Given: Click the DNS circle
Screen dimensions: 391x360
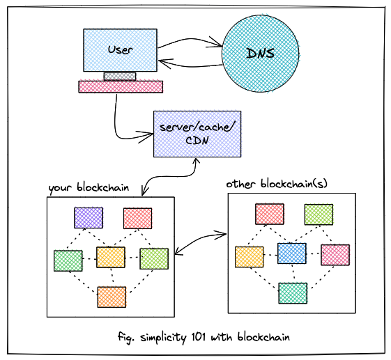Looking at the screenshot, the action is [261, 54].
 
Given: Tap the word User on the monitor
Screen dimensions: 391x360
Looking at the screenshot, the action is [120, 50].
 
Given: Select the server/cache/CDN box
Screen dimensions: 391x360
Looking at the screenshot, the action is [197, 134].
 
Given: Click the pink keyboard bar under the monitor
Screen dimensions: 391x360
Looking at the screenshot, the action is [121, 87].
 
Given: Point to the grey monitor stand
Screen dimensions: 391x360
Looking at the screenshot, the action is [120, 77].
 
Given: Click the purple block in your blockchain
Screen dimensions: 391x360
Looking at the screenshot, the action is [89, 218].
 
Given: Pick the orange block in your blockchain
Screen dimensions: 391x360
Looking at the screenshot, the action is [112, 297].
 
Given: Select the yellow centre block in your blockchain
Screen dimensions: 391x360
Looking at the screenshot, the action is [111, 258].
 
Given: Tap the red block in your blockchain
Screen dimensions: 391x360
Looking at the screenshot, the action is [137, 219].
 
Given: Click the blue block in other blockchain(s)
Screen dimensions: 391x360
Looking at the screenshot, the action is [292, 253].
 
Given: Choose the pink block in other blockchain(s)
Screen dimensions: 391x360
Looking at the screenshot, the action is [335, 255].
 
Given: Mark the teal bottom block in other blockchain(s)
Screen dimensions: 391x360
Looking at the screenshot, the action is [293, 293].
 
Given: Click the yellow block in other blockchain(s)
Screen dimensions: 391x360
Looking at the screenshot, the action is [249, 257].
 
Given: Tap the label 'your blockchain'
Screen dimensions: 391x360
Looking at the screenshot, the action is [89, 188].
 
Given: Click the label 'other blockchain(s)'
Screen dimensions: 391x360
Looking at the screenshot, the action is [277, 184].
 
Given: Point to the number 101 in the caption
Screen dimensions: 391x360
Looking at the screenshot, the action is [199, 337].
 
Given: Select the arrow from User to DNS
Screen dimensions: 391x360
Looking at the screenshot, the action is [190, 40].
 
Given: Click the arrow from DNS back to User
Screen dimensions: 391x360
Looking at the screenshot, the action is [190, 65].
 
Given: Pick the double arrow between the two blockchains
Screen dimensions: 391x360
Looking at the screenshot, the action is [200, 243].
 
